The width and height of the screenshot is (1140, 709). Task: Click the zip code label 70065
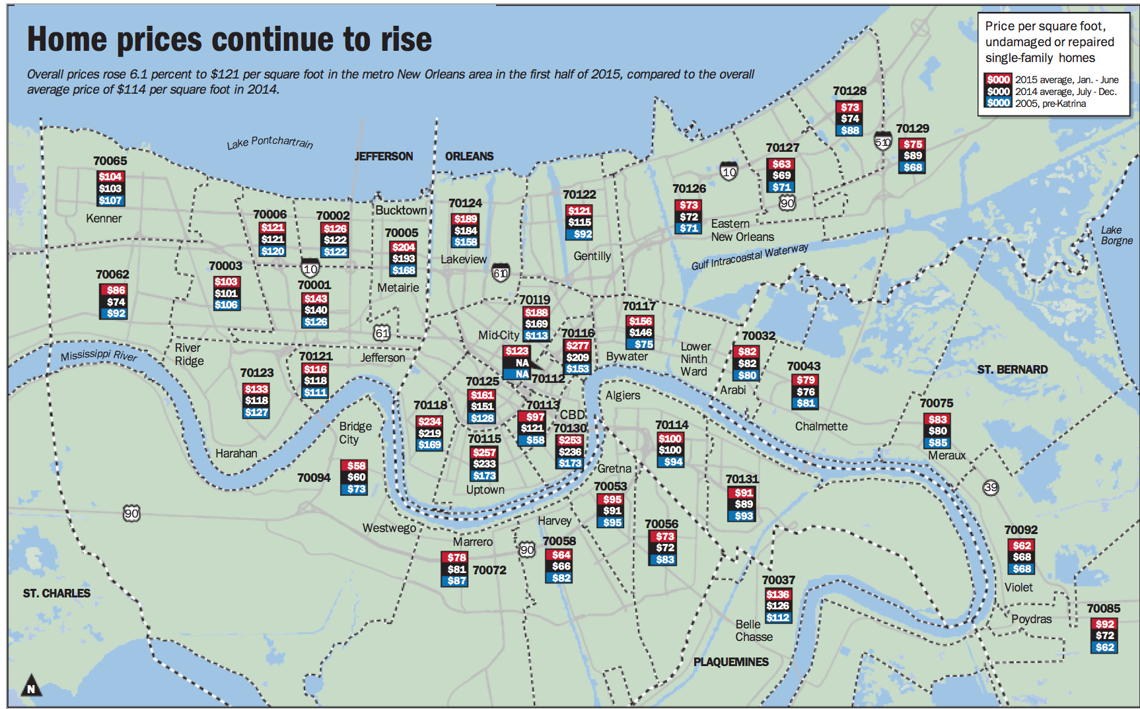pos(110,161)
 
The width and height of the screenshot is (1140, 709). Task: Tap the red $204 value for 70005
pos(403,247)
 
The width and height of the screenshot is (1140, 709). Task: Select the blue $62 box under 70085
pos(1104,648)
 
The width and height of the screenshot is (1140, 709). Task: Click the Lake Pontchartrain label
pos(269,142)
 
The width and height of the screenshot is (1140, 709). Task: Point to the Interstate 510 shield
pos(883,141)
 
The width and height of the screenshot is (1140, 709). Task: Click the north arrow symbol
pos(31,686)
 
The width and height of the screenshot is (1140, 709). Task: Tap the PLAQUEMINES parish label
pos(730,661)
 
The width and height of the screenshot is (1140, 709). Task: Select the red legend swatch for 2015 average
pos(998,79)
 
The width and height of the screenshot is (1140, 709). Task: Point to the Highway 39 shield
pos(990,487)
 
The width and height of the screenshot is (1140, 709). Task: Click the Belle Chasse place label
pos(753,630)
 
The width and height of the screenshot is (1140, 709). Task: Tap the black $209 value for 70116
pos(577,357)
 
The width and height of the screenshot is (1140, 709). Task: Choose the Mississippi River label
pos(99,355)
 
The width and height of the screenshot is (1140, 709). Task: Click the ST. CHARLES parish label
pos(57,593)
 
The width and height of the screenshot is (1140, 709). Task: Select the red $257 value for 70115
pos(484,452)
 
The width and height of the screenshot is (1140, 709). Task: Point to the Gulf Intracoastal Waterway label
pos(749,257)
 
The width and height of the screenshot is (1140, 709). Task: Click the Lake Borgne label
pos(1116,235)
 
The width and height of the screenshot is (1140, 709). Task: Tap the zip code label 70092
pos(1020,530)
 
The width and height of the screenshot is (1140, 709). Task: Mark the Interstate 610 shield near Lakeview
pos(501,273)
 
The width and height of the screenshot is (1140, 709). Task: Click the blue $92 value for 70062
pos(116,314)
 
